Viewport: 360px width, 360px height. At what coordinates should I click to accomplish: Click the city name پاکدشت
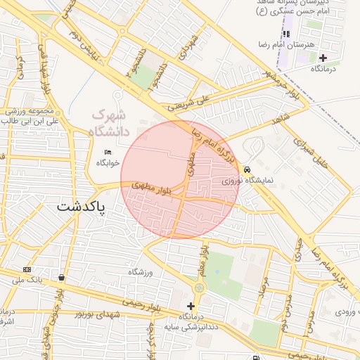79,208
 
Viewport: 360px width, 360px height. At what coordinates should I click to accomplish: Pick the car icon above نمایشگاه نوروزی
247,170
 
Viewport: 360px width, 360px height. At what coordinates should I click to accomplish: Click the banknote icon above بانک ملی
27,270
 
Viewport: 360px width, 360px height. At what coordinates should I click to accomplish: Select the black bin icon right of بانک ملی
62,277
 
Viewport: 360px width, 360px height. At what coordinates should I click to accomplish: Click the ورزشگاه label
140,272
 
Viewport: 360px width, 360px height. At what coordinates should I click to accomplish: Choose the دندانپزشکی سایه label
189,326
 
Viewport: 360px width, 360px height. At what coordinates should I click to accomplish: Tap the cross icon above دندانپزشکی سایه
191,306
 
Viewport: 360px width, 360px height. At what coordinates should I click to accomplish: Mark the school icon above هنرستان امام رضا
286,34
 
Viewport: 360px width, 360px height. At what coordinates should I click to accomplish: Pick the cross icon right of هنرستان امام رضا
322,58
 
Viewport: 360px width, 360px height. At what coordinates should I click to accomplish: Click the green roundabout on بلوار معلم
199,288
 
